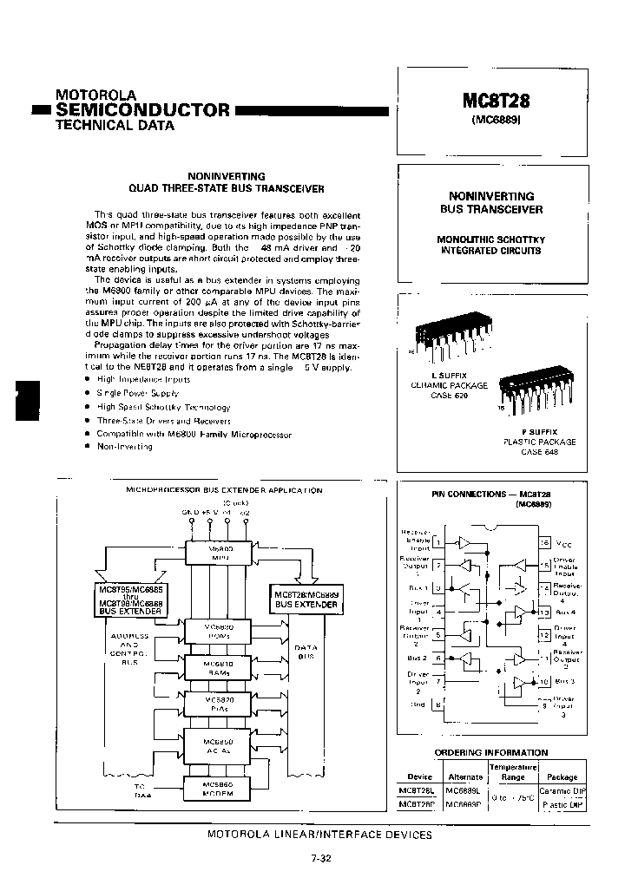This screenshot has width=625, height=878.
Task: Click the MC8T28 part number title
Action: pos(496,101)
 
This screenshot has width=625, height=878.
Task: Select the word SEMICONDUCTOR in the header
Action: pos(143,109)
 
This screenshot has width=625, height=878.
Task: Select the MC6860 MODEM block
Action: pos(215,787)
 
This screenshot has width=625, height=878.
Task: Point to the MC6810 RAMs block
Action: pos(215,667)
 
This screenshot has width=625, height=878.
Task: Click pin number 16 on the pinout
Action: pos(545,542)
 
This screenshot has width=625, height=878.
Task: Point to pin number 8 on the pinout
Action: pos(438,704)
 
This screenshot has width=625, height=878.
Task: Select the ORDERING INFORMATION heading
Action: pos(491,752)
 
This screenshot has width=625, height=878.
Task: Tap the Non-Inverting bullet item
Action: pos(125,446)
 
